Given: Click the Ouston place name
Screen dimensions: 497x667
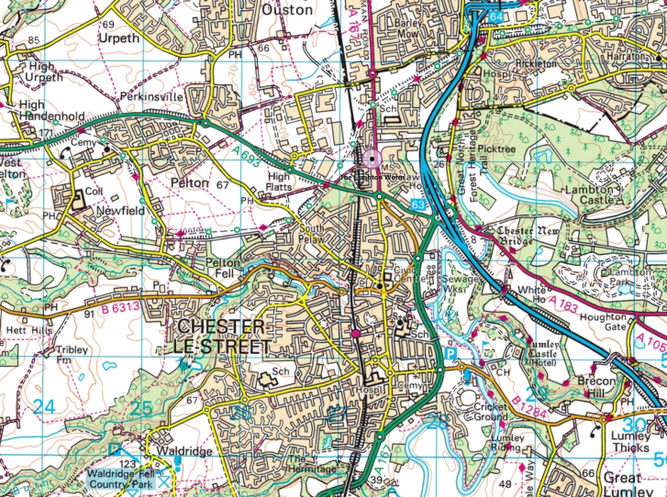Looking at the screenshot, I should point(288,8).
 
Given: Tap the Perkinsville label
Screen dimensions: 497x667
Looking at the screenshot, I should point(147,96).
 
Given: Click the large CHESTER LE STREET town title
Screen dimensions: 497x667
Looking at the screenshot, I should point(221,336).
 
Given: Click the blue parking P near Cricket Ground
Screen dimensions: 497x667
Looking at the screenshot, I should point(449,351).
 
